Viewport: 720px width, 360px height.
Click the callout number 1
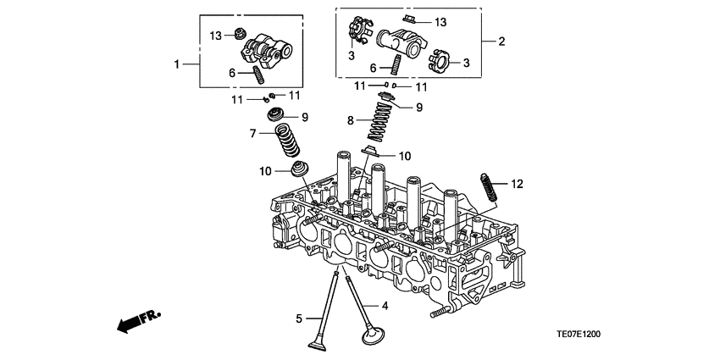click(x=177, y=64)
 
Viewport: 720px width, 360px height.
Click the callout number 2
click(x=501, y=41)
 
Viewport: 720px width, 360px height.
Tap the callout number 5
click(x=299, y=318)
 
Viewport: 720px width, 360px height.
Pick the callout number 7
click(x=252, y=133)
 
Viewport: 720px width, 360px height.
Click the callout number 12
click(x=518, y=183)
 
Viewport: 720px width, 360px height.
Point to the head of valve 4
click(x=373, y=338)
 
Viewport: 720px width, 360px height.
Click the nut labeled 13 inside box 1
click(x=241, y=34)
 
